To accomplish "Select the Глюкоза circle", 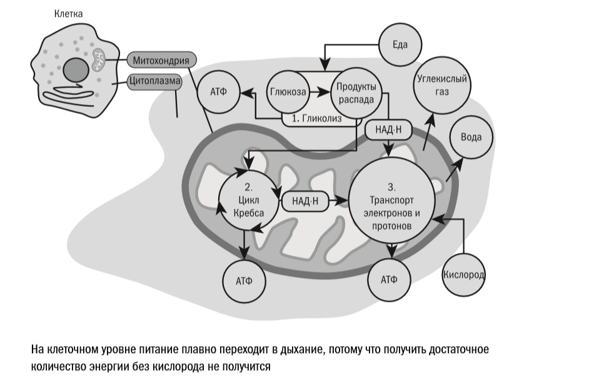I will [288, 92].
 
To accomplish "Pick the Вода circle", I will [471, 137].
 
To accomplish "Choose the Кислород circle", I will [463, 275].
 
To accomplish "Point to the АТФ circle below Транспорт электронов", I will [390, 279].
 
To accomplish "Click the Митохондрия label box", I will [162, 61].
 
